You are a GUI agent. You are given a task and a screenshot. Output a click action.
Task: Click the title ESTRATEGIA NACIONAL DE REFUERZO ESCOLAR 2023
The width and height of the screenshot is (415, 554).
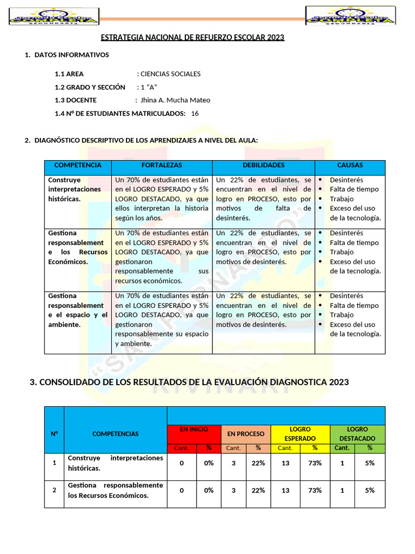[x=193, y=37]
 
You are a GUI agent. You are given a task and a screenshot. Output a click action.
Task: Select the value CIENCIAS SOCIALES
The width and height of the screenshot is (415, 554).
[x=170, y=74]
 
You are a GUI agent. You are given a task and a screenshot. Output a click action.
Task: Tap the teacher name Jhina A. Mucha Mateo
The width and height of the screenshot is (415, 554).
[x=175, y=100]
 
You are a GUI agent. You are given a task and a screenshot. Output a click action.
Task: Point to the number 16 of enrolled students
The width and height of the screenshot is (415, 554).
[x=195, y=113]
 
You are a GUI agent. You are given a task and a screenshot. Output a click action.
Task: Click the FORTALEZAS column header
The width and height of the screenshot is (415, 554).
[x=162, y=166]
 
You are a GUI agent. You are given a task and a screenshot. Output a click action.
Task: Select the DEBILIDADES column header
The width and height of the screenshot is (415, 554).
[x=263, y=166]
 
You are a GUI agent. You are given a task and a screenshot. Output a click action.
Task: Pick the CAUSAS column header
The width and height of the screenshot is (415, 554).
[x=350, y=166]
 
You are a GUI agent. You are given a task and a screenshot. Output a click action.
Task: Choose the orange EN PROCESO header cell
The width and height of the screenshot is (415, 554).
[x=246, y=434]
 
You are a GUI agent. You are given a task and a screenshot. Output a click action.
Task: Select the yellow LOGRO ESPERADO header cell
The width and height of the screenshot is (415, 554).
[x=300, y=434]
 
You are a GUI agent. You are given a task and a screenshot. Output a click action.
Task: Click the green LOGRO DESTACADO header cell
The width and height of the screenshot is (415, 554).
[x=357, y=434]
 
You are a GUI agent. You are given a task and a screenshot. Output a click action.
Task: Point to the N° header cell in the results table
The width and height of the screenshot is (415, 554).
[x=54, y=434]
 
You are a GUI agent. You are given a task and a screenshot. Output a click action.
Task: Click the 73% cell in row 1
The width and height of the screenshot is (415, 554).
[x=314, y=463]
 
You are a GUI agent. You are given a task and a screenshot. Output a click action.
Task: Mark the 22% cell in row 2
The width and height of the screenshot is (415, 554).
[x=258, y=490]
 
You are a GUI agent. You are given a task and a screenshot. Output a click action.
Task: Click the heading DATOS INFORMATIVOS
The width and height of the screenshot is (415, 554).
[x=71, y=55]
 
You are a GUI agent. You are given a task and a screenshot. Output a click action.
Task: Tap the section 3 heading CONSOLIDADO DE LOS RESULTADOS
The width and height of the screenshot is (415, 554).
[x=189, y=382]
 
